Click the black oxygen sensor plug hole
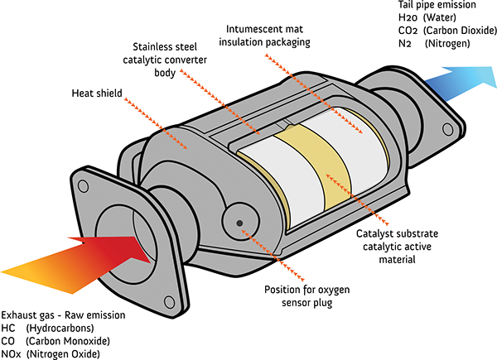(239, 223)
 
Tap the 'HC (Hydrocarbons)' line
(50, 329)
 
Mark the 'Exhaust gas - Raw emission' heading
(63, 316)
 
